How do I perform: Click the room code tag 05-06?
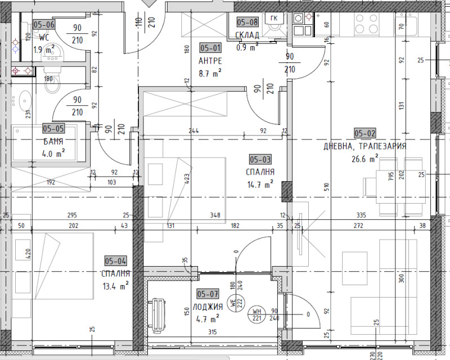(44, 24)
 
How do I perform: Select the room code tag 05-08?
(247, 22)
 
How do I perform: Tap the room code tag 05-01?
(210, 48)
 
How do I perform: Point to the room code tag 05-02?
(364, 133)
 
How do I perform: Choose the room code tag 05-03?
(260, 160)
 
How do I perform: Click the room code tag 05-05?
(53, 129)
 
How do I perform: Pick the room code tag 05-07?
(208, 294)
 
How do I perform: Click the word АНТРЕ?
(210, 60)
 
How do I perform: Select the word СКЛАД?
(247, 35)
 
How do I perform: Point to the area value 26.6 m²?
(364, 159)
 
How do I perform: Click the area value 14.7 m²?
(260, 183)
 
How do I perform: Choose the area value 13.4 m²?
(116, 285)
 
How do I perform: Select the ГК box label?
(274, 19)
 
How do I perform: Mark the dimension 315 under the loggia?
(212, 332)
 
